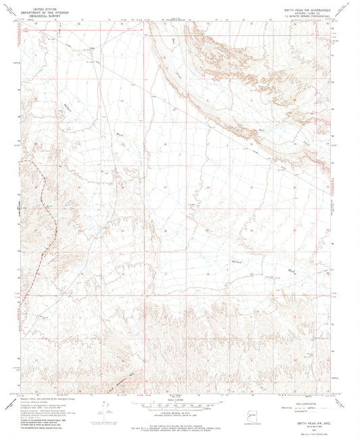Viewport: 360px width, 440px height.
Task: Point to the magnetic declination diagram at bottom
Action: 101,410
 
